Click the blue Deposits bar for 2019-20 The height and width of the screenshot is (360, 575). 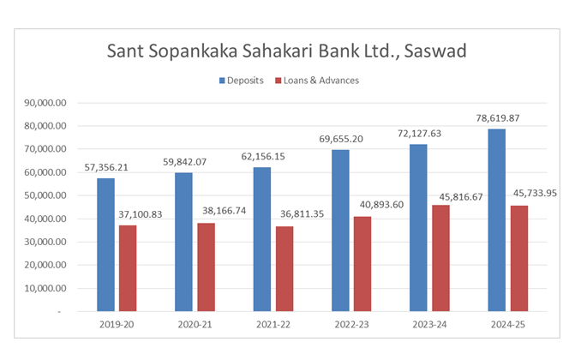(105, 244)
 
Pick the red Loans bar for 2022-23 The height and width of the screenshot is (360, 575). (362, 263)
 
